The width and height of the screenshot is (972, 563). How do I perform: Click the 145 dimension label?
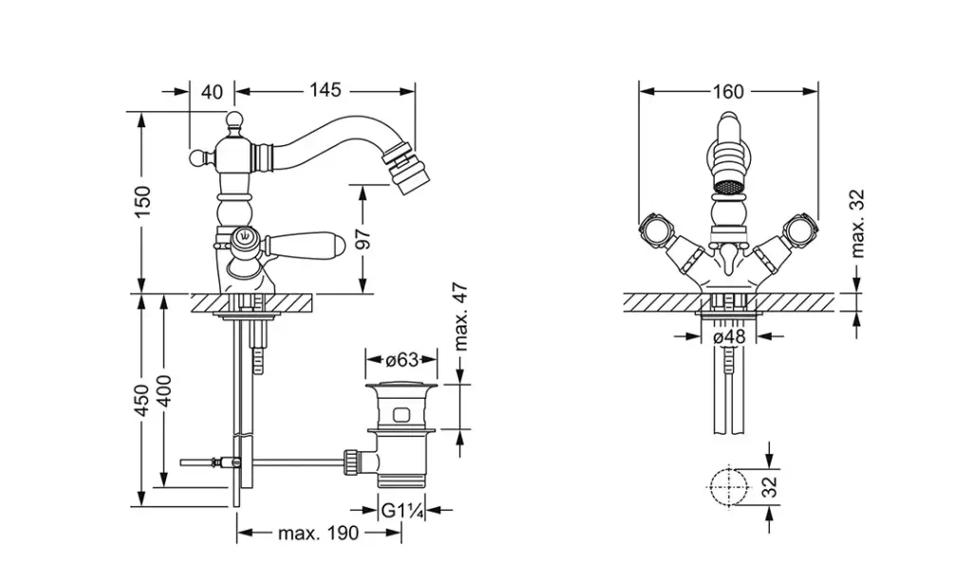click(326, 90)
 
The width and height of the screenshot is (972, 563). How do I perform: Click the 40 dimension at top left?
click(212, 92)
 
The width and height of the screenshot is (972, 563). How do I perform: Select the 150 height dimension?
click(142, 201)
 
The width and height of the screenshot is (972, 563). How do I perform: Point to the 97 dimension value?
click(364, 238)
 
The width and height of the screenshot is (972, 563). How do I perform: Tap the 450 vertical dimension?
click(141, 401)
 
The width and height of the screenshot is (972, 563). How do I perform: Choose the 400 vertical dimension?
click(163, 390)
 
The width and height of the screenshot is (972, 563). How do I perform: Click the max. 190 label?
click(318, 533)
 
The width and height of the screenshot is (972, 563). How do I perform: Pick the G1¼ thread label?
click(402, 511)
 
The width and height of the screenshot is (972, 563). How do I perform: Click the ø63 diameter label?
click(402, 360)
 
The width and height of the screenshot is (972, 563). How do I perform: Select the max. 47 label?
click(460, 317)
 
